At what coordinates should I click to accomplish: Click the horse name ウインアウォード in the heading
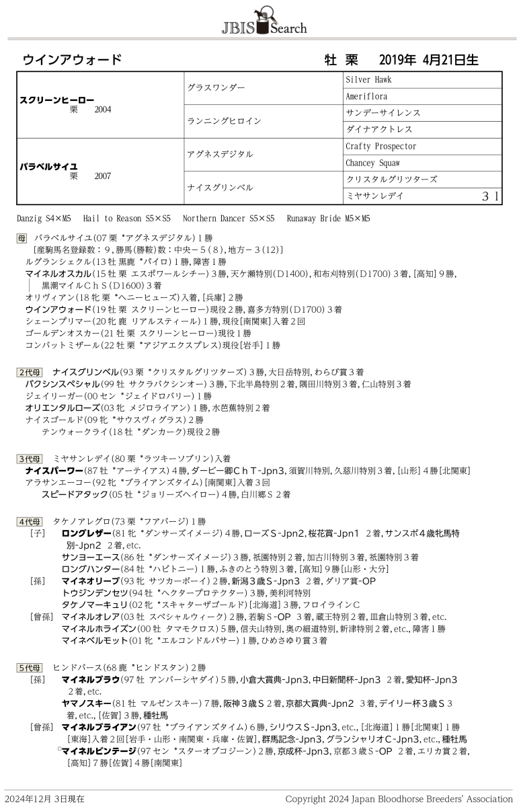pos(72,59)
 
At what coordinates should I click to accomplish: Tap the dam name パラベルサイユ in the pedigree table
pos(49,165)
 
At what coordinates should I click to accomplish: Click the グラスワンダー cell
pos(216,87)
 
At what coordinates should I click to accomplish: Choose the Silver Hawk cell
pos(368,79)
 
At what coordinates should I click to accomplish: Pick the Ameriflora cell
pos(366,96)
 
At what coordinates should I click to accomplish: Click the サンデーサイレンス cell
pos(383,112)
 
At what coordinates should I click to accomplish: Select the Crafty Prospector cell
pos(381,146)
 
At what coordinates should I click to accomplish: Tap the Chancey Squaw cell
pos(372,163)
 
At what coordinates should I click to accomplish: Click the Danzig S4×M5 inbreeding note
pos(44,219)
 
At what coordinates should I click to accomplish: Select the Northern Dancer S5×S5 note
pos(229,219)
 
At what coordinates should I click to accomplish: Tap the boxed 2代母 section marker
pos(30,371)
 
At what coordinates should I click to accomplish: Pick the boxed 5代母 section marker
pos(30,668)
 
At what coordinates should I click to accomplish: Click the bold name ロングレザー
pos(81,533)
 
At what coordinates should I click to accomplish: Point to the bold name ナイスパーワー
pos(54,470)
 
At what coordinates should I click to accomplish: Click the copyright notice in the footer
pos(399,799)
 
